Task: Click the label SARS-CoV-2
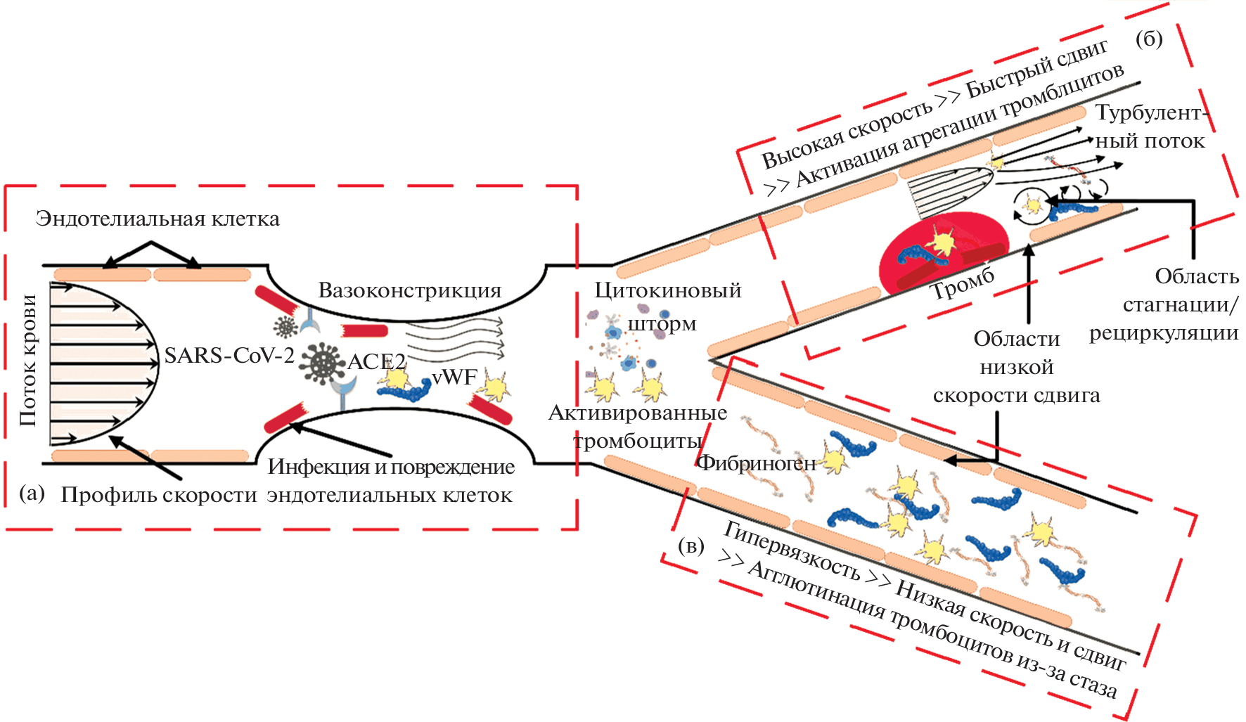tap(229, 356)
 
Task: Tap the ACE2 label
tap(377, 361)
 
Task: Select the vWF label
tap(454, 378)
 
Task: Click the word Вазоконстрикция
tap(409, 290)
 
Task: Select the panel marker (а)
tap(32, 493)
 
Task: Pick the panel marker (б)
tap(1149, 39)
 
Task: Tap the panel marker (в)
tap(691, 546)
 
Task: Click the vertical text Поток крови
tap(28, 360)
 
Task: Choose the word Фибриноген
tap(757, 463)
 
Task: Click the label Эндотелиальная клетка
tap(158, 219)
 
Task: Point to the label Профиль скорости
tap(159, 495)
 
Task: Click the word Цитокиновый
tap(667, 290)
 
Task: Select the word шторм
tap(662, 324)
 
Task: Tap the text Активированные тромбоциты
tap(638, 427)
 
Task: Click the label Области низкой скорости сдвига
tap(1016, 367)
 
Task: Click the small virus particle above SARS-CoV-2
tap(285, 325)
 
